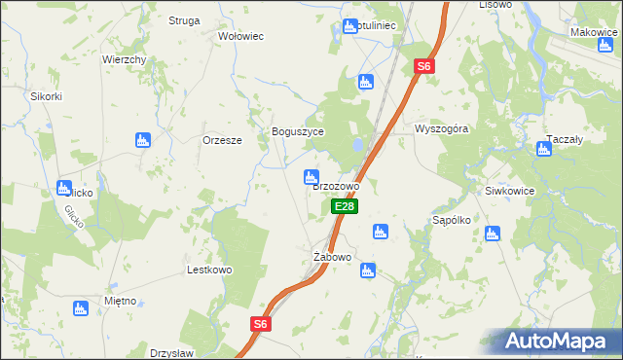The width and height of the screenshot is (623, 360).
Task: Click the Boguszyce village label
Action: (297, 131)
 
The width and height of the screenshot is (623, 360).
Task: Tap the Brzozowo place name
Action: (336, 186)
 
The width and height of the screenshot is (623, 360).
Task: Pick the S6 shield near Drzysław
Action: (259, 324)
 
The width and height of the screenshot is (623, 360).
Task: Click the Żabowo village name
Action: (331, 257)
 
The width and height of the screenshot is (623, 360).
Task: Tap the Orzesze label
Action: (222, 139)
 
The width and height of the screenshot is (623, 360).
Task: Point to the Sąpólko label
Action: (452, 220)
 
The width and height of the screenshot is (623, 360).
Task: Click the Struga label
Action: (184, 19)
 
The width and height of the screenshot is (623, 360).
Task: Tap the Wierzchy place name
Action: (125, 59)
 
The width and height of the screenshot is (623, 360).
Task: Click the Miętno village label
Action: (120, 301)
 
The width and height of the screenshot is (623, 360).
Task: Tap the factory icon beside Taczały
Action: (544, 149)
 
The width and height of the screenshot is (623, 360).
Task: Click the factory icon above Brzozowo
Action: (310, 176)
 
